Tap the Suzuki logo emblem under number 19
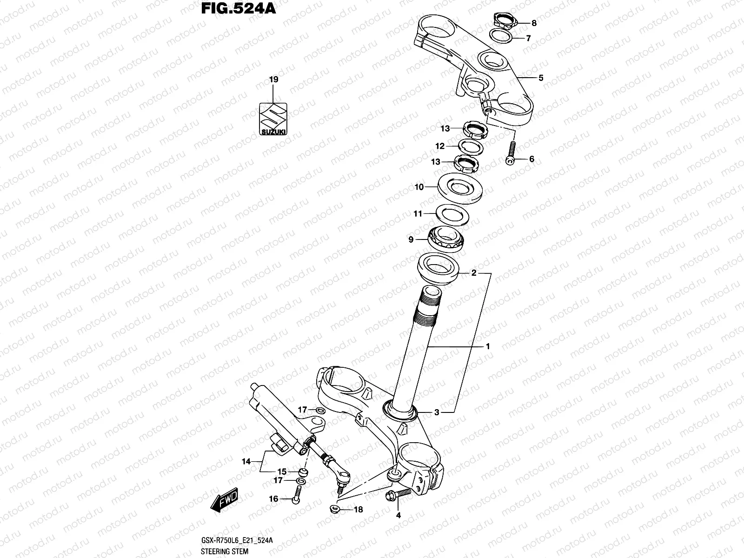click(273, 119)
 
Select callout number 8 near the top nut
click(534, 23)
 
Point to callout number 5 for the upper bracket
click(541, 78)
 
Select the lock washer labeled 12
click(471, 147)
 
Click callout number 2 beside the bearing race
click(474, 273)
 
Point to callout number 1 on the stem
click(488, 346)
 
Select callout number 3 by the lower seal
click(437, 412)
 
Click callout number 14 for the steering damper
click(246, 462)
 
